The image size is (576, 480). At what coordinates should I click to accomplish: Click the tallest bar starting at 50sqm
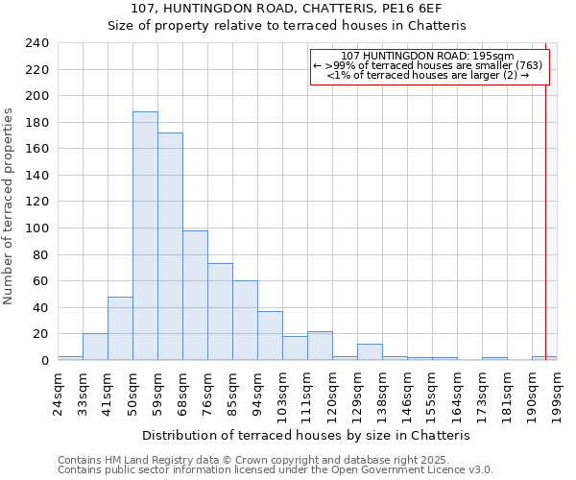[x=145, y=236]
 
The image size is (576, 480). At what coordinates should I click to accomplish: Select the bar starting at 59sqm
[x=170, y=246]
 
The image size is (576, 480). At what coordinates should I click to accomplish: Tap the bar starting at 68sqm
[x=195, y=296]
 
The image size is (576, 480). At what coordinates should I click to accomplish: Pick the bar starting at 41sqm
[x=120, y=328]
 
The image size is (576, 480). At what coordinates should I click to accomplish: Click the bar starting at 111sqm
[x=320, y=346]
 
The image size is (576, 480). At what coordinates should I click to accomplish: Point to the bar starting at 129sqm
[x=370, y=351]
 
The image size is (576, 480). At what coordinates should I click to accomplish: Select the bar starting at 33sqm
[x=95, y=347]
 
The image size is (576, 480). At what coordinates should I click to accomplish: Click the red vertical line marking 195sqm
[x=546, y=192]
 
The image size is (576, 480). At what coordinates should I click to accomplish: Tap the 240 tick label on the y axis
[x=37, y=43]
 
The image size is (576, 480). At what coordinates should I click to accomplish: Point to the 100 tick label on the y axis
[x=37, y=96]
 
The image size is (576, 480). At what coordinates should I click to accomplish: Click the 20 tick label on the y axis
[x=41, y=334]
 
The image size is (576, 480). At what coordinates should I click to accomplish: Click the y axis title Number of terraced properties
[x=9, y=206]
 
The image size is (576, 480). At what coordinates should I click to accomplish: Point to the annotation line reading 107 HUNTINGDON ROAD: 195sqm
[x=428, y=56]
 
